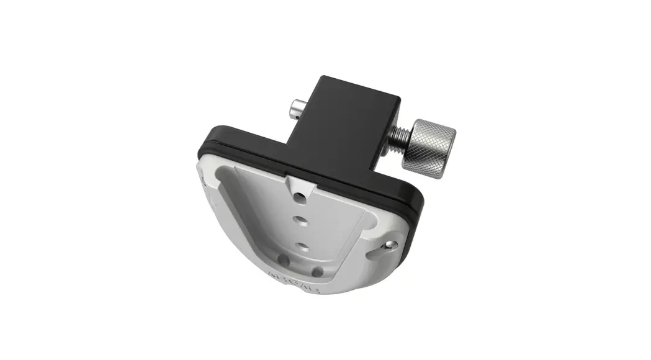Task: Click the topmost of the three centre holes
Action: [301, 197]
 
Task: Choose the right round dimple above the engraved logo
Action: [317, 271]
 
